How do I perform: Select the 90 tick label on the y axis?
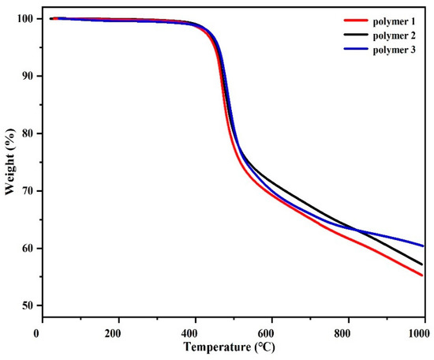(24, 76)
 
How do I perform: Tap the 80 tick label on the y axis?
(24, 133)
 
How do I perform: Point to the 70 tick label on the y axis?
(24, 191)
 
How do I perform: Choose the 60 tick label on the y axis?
(24, 249)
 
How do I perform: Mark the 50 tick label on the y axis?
(24, 306)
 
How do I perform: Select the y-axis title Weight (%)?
(8, 163)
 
